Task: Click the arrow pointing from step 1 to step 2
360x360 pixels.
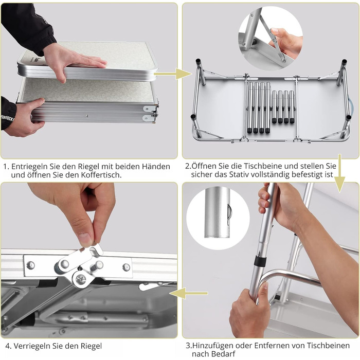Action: pyautogui.click(x=173, y=74)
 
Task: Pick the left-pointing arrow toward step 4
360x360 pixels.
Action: pyautogui.click(x=189, y=293)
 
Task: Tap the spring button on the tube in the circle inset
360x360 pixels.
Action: pyautogui.click(x=229, y=214)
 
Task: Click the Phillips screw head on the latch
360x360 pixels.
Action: pyautogui.click(x=81, y=279)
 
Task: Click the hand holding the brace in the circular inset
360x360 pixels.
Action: pyautogui.click(x=286, y=41)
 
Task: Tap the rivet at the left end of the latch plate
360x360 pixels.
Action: pyautogui.click(x=30, y=265)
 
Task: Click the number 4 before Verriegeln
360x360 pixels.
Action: pyautogui.click(x=8, y=346)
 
